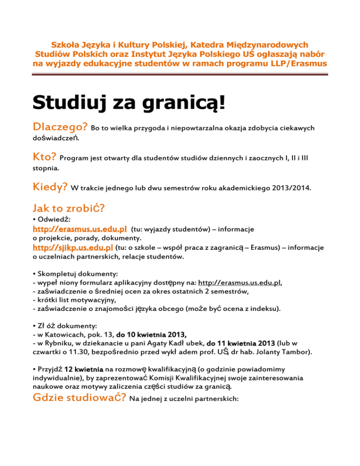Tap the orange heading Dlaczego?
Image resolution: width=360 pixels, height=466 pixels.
point(60,128)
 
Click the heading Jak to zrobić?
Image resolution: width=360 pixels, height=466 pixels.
point(66,208)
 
